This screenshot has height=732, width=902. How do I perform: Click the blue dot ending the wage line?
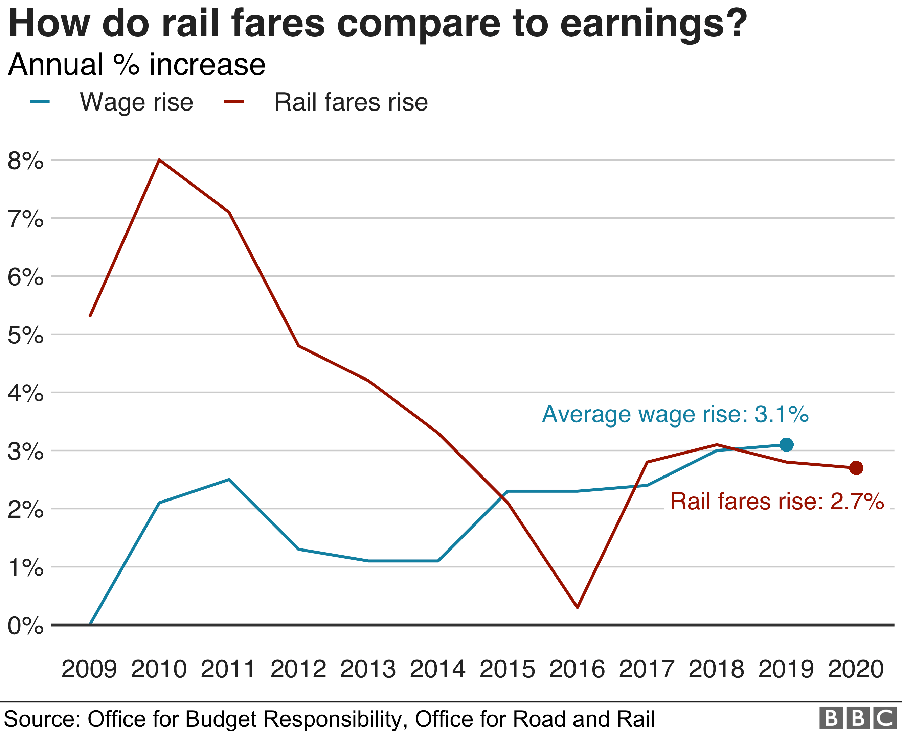[786, 444]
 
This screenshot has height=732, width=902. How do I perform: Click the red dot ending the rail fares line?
[856, 468]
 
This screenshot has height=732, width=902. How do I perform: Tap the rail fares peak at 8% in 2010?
[159, 160]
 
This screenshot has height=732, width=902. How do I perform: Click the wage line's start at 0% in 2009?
[90, 624]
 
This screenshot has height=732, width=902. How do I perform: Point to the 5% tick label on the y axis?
[25, 335]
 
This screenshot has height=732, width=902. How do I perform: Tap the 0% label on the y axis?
[25, 626]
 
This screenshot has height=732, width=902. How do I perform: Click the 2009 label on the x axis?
[89, 669]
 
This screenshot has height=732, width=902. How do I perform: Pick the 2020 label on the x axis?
[856, 669]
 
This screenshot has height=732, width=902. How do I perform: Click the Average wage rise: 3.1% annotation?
[675, 414]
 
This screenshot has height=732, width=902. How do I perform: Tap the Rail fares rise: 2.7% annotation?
[776, 502]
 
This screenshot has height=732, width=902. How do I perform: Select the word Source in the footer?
[42, 719]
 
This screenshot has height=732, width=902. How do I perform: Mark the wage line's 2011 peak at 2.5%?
[229, 480]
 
